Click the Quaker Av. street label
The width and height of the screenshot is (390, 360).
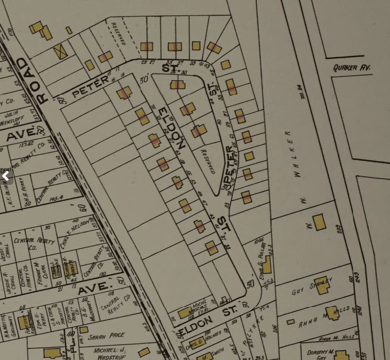coord(352,67)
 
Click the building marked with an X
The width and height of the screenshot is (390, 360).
coord(60,51)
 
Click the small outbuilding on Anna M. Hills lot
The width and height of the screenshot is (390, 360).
coord(290,322)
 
